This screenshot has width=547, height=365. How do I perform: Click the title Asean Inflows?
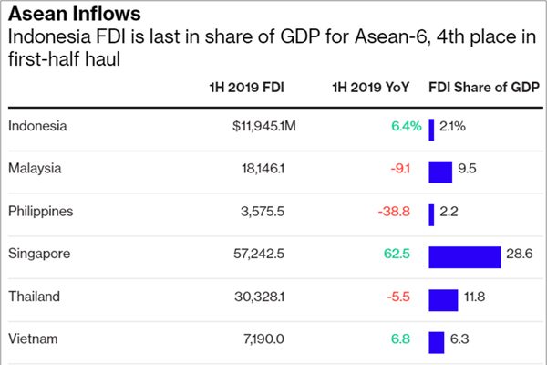click(x=75, y=15)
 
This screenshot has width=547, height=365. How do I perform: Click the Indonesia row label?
click(x=37, y=127)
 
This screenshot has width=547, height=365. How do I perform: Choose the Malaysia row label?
click(x=35, y=169)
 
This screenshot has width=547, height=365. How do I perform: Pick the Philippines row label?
click(x=41, y=211)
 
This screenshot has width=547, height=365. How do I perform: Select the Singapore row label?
click(x=39, y=254)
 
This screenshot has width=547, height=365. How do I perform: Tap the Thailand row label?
click(x=34, y=297)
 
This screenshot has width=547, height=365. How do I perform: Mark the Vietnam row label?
click(x=33, y=339)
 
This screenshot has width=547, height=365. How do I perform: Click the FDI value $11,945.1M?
click(x=263, y=127)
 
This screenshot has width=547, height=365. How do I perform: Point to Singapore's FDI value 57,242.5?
click(x=259, y=254)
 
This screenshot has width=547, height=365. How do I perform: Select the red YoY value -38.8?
click(x=394, y=211)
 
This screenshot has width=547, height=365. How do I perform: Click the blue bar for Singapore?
click(x=464, y=257)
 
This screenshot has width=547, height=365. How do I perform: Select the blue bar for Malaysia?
click(x=440, y=172)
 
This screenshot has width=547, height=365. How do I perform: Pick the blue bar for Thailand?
click(x=443, y=299)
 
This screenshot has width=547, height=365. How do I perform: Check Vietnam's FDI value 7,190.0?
click(x=265, y=339)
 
